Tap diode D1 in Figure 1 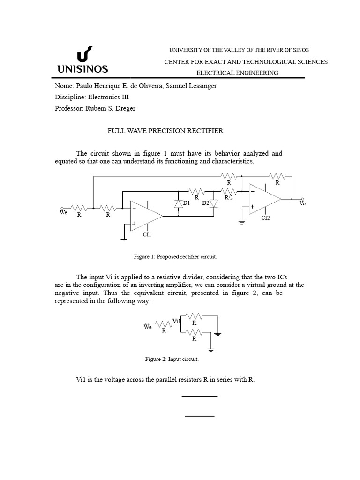tap(178, 204)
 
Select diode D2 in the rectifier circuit tap(214, 204)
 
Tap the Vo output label tap(302, 203)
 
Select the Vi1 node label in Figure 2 tap(177, 321)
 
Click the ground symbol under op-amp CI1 tap(124, 239)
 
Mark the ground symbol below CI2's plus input tap(242, 222)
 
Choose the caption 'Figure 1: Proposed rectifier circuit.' tap(176, 257)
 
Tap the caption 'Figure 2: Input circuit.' tap(172, 359)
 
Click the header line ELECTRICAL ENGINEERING tap(237, 73)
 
